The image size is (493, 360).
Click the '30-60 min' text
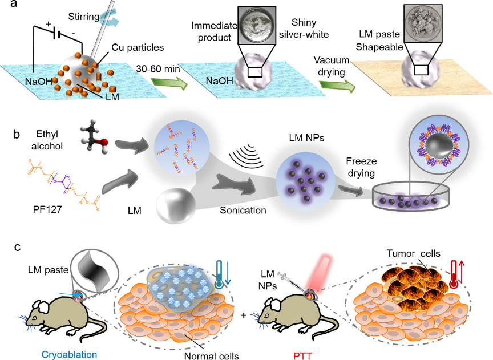[156, 68]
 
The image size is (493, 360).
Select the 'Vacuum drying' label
[334, 65]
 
